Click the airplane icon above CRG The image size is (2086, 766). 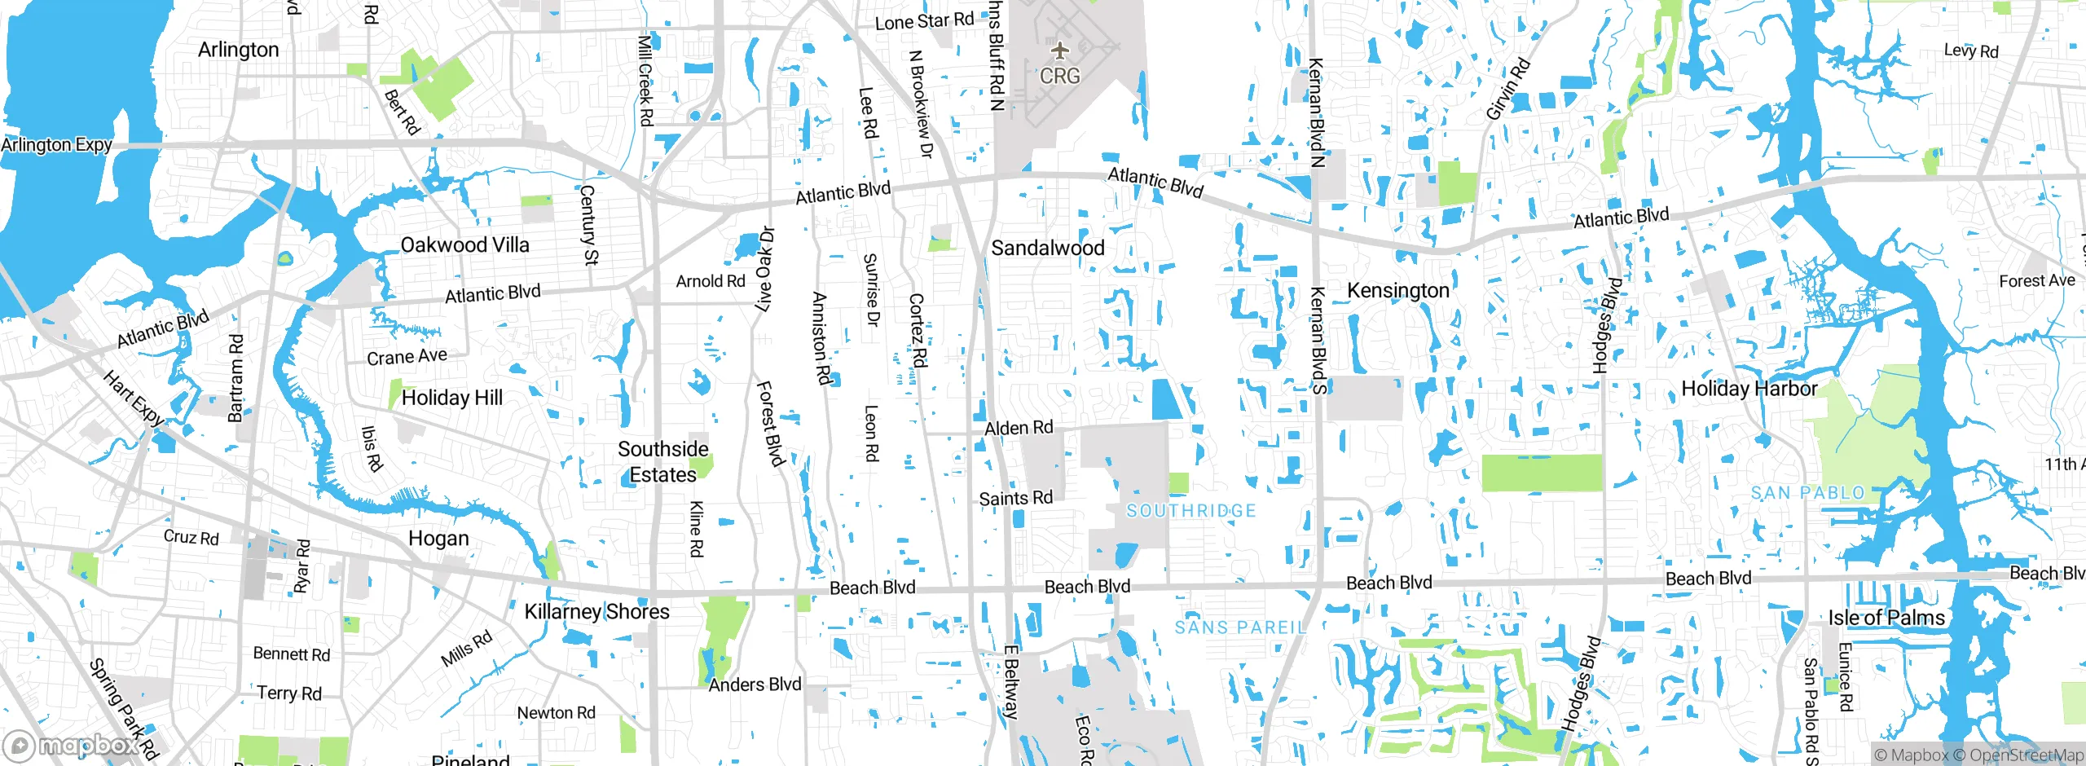1059,51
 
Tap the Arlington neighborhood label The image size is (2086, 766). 238,50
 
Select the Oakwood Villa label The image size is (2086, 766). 464,244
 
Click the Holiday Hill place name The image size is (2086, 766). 452,398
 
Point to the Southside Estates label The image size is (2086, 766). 662,461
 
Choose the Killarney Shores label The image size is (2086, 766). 596,611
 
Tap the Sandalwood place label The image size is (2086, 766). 1048,248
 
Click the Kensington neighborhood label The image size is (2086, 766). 1398,290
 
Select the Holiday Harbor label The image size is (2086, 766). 1749,389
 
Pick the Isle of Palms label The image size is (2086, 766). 1886,617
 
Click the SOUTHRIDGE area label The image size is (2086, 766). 1190,511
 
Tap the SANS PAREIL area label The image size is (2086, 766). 1240,627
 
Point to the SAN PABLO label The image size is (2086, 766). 1807,493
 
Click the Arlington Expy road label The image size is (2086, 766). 56,145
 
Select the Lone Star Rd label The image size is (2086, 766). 924,21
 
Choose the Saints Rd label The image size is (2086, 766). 1015,498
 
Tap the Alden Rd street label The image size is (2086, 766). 1019,428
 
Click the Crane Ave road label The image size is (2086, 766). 407,357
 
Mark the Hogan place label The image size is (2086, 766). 438,539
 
